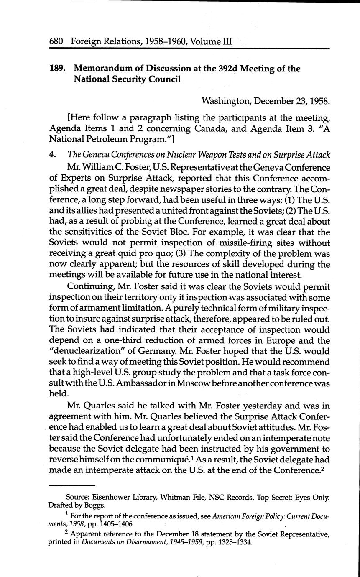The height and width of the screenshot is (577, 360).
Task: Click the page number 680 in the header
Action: (x=56, y=42)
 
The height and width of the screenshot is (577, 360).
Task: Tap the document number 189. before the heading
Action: (x=58, y=69)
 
